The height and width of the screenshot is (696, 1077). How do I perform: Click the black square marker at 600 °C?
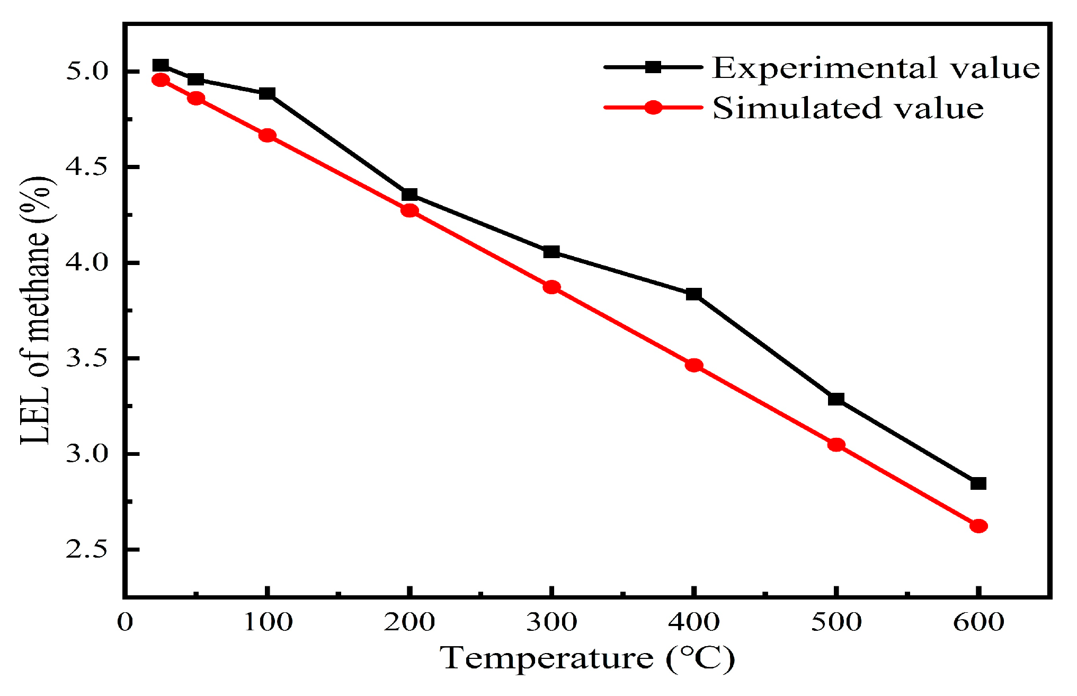pos(978,483)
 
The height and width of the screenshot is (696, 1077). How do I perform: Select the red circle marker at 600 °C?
pos(978,526)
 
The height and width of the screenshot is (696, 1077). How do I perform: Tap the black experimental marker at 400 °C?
pos(693,294)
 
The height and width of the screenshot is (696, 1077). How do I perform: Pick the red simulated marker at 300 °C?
pos(551,287)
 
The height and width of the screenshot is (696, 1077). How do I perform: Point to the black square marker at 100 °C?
pos(267,94)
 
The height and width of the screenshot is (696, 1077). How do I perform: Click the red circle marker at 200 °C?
pos(410,210)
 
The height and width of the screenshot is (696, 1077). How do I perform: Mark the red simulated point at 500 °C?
pos(836,445)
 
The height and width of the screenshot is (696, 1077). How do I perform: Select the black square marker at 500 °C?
pos(836,399)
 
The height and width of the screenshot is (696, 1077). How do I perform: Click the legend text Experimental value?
pos(875,68)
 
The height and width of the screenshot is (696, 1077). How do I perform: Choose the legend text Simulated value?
pos(848,108)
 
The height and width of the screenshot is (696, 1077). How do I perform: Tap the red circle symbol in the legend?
pos(653,108)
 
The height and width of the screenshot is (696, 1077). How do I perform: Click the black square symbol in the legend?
pos(653,67)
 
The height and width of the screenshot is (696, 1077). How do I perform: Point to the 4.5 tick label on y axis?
pos(86,167)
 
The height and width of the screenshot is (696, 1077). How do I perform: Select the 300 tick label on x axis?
pos(551,622)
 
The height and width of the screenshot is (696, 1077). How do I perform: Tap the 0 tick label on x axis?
pos(125,622)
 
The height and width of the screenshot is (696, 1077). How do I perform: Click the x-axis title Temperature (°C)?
pos(587,658)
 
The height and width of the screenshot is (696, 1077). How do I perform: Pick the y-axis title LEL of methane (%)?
pos(36,310)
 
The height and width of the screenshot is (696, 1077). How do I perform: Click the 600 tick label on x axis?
pos(978,622)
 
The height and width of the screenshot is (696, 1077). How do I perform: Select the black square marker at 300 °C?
pos(551,252)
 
